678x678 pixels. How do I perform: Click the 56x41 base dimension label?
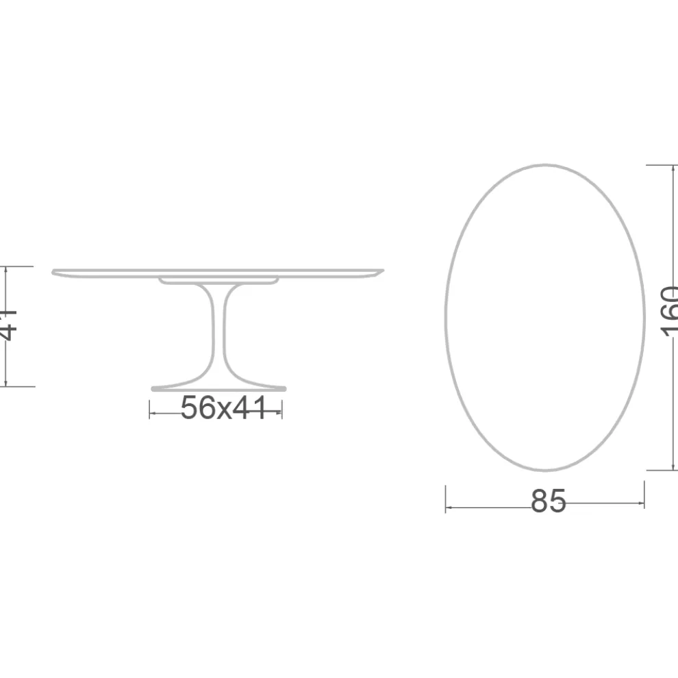223,409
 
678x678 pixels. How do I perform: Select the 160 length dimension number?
670,312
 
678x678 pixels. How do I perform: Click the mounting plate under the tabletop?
218,280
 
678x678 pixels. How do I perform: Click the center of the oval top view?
544,317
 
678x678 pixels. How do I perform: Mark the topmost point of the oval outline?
544,165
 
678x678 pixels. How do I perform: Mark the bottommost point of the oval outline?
544,470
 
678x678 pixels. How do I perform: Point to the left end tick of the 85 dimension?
446,499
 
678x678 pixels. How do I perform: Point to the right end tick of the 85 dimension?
644,494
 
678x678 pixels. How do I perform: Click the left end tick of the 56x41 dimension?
150,410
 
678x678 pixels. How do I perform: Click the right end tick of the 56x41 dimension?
282,410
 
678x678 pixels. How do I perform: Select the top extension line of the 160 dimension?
661,165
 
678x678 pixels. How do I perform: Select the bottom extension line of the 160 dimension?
661,470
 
